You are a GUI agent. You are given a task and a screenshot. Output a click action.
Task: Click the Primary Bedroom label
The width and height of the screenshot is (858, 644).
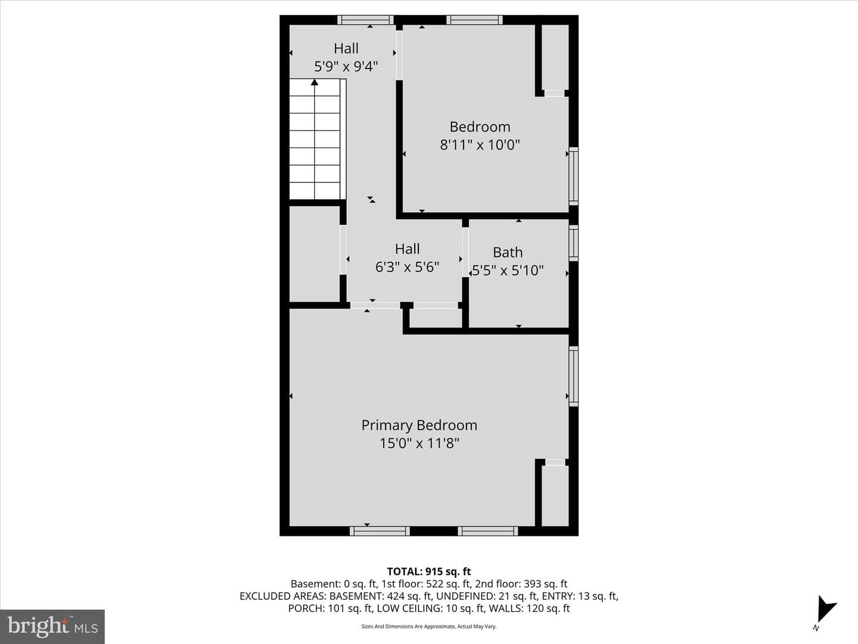point(419,425)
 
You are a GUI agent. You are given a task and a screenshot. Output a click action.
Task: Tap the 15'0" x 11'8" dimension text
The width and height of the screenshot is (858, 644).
point(419,444)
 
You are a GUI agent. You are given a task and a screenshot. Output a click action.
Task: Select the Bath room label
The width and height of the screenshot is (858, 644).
point(508,252)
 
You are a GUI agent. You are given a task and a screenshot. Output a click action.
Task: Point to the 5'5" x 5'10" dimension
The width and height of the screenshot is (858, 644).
point(508,270)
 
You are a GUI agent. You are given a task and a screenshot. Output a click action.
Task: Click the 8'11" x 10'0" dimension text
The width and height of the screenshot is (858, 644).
point(480,145)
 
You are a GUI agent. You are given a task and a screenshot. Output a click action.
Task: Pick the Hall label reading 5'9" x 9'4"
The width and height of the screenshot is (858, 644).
point(346,57)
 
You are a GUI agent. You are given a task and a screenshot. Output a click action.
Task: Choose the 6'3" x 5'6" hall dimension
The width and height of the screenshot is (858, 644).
point(407,267)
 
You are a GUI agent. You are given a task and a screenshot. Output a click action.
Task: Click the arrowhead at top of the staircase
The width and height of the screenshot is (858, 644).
point(314,82)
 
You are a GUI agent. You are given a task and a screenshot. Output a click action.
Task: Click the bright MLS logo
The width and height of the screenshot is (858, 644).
point(52,626)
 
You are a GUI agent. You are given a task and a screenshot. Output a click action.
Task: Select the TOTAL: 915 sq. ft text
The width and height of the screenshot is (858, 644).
point(429,572)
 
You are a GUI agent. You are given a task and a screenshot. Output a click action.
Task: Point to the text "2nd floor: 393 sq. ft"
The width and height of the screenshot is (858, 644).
point(521,584)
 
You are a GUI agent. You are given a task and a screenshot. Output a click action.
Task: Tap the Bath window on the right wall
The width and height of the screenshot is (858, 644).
point(573,243)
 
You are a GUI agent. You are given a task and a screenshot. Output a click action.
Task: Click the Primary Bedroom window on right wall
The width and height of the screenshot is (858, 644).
point(573,376)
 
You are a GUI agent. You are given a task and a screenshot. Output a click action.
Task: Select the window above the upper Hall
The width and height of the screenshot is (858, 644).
point(365,20)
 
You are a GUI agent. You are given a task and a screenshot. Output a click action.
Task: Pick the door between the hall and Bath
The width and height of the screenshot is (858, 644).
point(465,252)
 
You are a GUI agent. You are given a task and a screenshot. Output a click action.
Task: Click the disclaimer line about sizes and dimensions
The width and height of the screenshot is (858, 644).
point(429,626)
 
